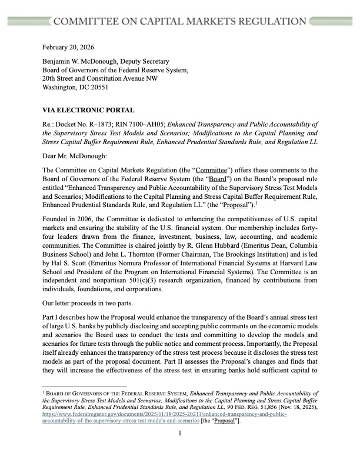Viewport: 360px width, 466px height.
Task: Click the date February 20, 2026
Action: pos(68,46)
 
